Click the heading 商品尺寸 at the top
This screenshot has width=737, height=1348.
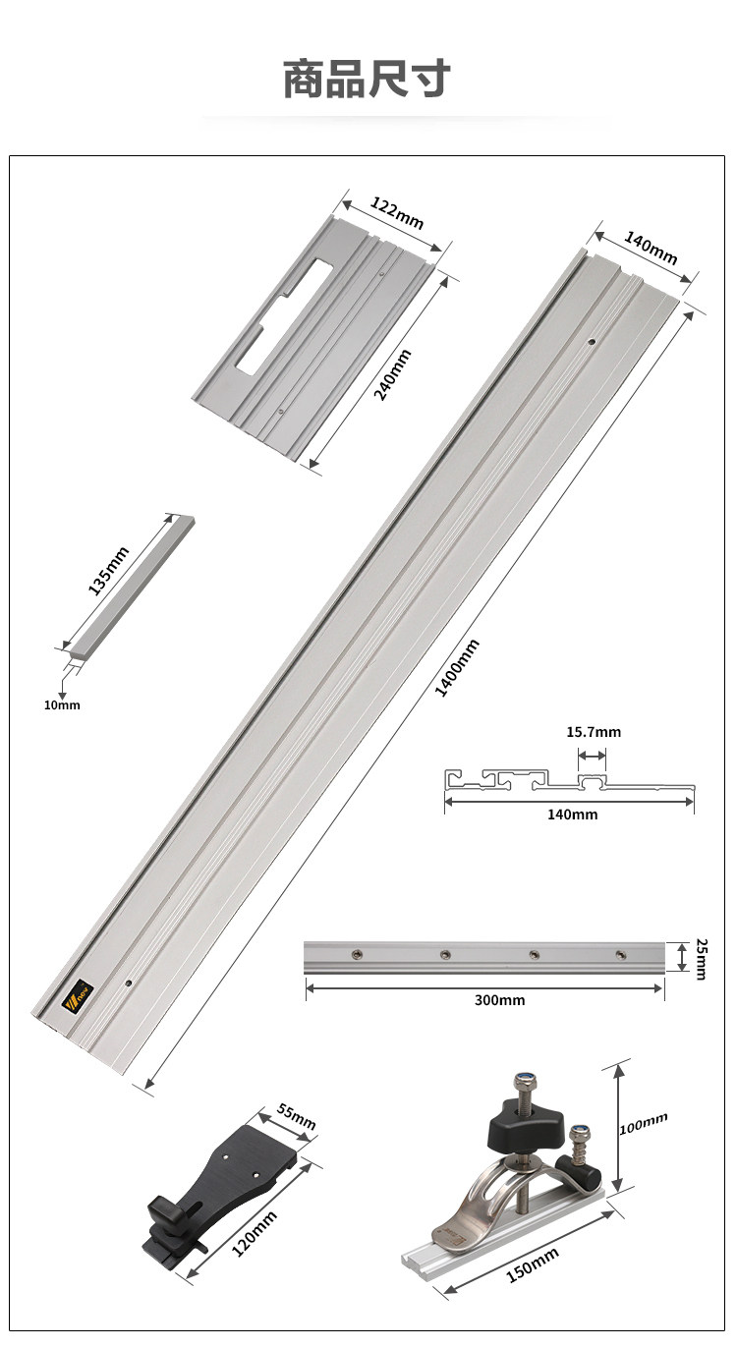pos(367,79)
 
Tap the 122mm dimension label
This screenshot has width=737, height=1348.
pos(397,213)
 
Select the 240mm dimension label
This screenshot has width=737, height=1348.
pos(392,374)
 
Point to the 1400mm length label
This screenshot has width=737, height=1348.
pos(457,668)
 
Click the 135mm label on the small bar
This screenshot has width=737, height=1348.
pos(109,570)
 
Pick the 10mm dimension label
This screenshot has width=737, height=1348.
pos(62,704)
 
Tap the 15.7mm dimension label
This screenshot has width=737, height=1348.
pos(594,732)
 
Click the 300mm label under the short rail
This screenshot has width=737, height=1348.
pos(500,1000)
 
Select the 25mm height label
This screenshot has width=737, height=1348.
pos(700,958)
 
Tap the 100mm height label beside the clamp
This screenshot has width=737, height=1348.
pos(644,1123)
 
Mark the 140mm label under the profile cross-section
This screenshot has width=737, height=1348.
pos(572,814)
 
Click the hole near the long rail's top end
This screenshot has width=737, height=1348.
pos(592,342)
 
